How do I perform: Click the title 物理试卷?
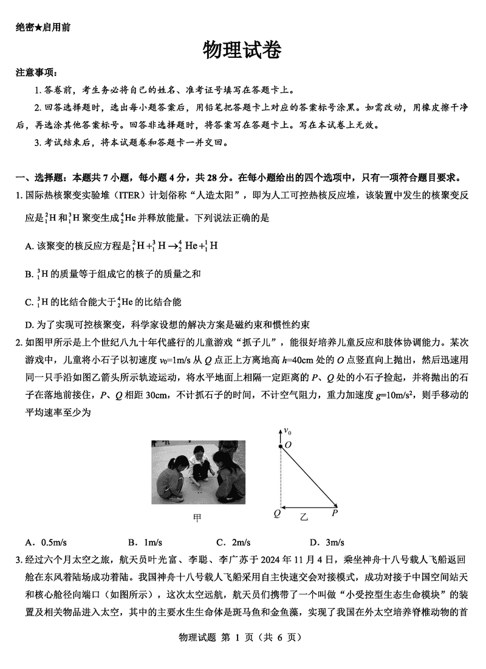(x=242, y=50)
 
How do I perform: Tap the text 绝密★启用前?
(x=43, y=28)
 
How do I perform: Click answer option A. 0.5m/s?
(x=42, y=542)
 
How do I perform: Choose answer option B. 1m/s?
(x=145, y=542)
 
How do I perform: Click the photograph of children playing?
(x=198, y=473)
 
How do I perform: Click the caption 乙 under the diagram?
(x=304, y=518)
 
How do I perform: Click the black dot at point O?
(x=280, y=446)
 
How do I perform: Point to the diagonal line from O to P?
(x=309, y=476)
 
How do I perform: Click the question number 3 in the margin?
(x=19, y=559)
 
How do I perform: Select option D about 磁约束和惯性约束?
(x=171, y=324)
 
